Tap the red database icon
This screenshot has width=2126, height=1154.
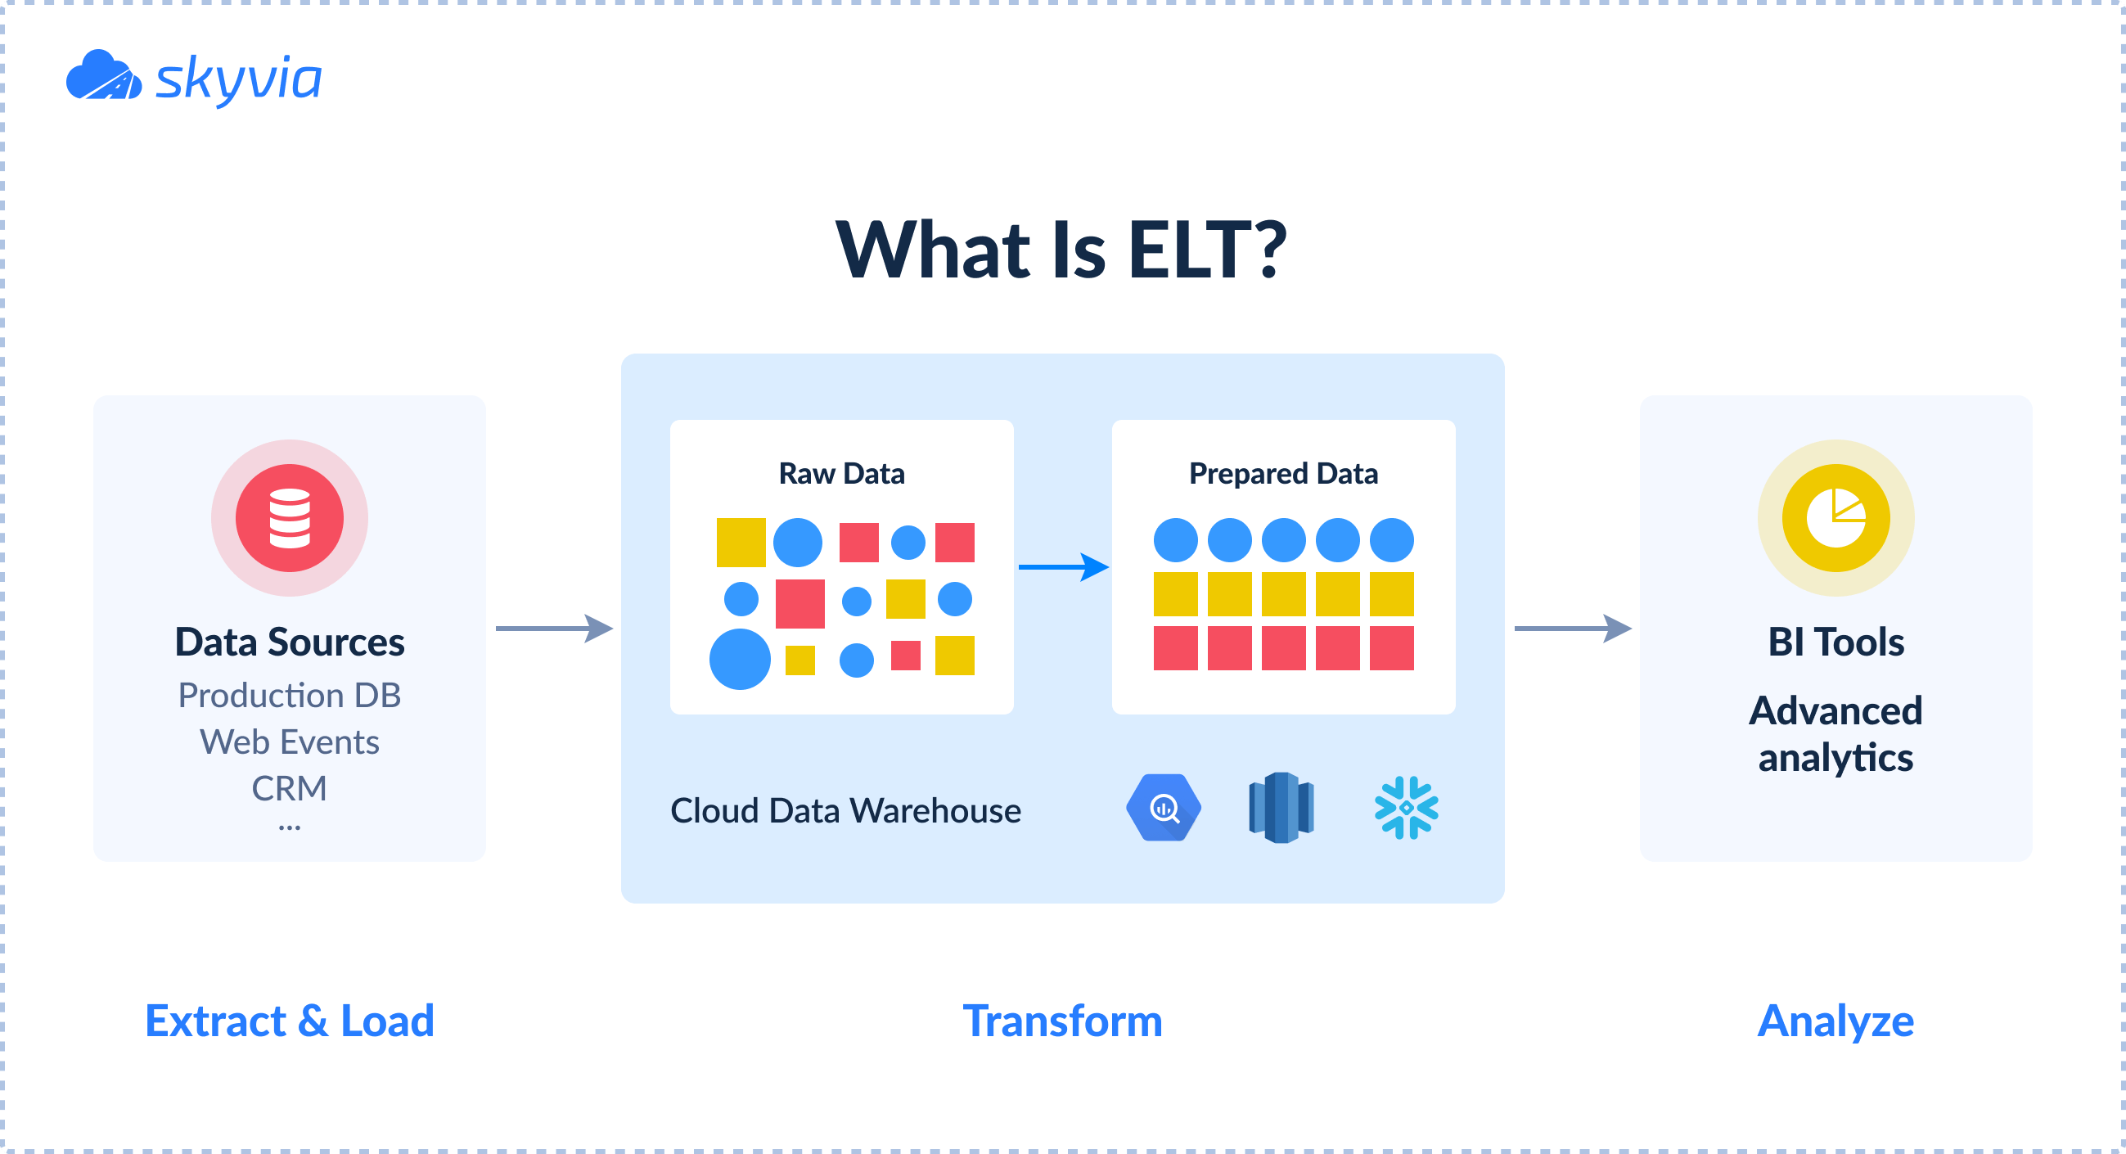[x=289, y=518]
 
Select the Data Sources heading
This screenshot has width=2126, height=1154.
[x=289, y=642]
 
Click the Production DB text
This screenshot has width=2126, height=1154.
[x=289, y=695]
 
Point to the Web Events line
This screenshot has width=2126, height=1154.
[x=289, y=742]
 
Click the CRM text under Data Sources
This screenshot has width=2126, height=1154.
[x=289, y=788]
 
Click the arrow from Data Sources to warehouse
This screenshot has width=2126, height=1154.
[x=554, y=629]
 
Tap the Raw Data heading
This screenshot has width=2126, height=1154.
[x=841, y=474]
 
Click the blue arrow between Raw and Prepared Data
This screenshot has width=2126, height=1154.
[x=1063, y=567]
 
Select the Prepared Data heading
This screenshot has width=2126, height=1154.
[x=1282, y=474]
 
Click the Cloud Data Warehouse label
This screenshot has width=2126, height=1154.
[x=845, y=810]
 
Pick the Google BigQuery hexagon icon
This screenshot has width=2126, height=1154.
[x=1163, y=808]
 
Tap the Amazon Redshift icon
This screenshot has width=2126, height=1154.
[x=1281, y=808]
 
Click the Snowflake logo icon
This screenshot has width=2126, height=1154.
[x=1406, y=808]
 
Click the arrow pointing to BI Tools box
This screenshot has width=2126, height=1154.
[x=1572, y=629]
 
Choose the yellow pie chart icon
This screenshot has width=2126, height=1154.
[x=1835, y=518]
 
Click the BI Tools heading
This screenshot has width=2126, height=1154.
[x=1835, y=642]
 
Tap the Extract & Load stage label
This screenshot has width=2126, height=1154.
[x=289, y=1021]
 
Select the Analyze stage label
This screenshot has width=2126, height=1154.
[x=1835, y=1021]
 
